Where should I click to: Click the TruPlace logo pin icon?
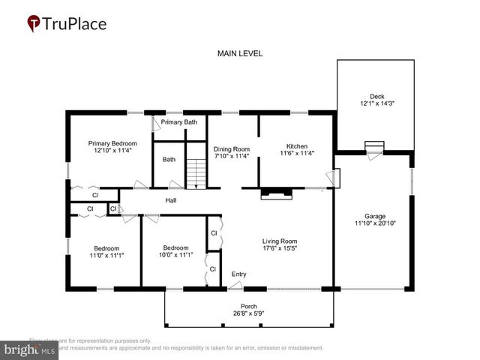pos(34,24)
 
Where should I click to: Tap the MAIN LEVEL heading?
pos(239,54)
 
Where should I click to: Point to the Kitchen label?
pos(296,145)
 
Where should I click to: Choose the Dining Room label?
pos(232,148)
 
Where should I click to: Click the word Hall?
pos(171,200)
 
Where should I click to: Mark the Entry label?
pos(238,274)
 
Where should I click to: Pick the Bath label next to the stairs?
pos(169,159)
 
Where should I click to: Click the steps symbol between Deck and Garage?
pos(374,146)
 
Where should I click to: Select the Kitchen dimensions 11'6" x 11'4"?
pos(296,154)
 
